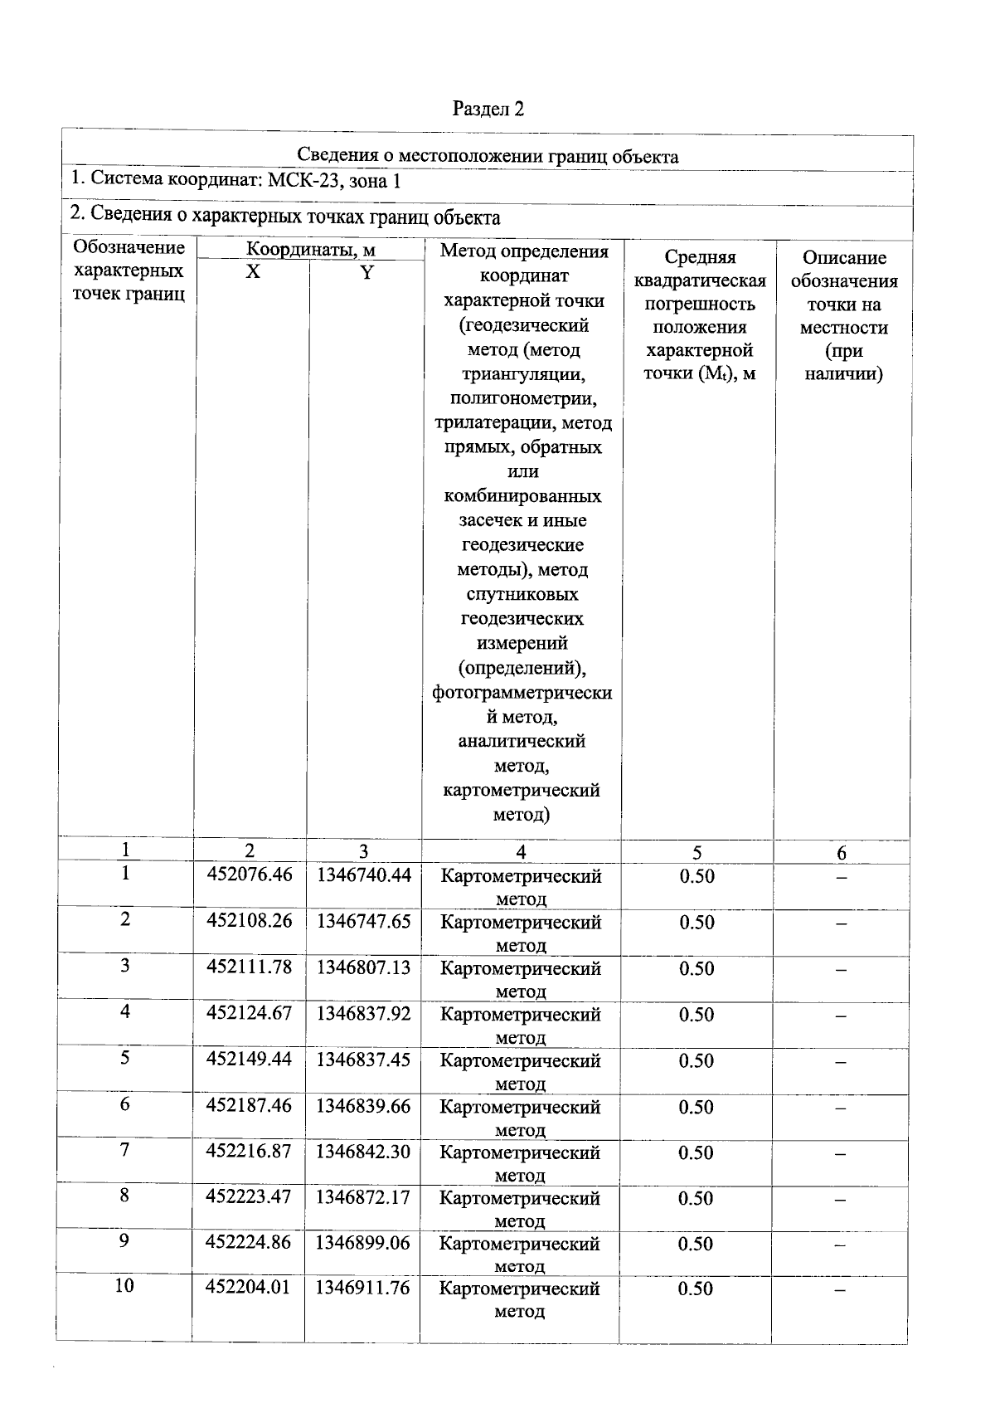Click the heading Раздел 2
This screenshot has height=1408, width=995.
pyautogui.click(x=488, y=109)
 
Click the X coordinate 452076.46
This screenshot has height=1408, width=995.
pyautogui.click(x=249, y=875)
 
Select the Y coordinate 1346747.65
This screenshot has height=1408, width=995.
pyautogui.click(x=363, y=922)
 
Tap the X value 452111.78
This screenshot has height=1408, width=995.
pyautogui.click(x=249, y=967)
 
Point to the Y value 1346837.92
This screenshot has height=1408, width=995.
pyautogui.click(x=363, y=1014)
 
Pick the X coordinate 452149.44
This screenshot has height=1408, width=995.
pyautogui.click(x=249, y=1060)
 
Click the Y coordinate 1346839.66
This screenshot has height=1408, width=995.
pyautogui.click(x=363, y=1106)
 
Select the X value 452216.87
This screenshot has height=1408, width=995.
pyautogui.click(x=249, y=1152)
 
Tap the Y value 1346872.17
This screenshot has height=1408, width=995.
pyautogui.click(x=363, y=1197)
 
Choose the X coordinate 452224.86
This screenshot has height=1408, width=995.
pyautogui.click(x=249, y=1243)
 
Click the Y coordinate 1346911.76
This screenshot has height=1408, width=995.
pyautogui.click(x=363, y=1289)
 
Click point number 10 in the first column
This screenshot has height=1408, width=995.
pyautogui.click(x=124, y=1286)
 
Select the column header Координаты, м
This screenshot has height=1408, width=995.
pyautogui.click(x=310, y=250)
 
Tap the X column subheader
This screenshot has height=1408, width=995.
pyautogui.click(x=253, y=272)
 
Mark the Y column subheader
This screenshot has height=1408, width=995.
pyautogui.click(x=366, y=272)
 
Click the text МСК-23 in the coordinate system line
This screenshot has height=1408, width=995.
pyautogui.click(x=301, y=180)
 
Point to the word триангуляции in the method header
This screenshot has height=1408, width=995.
pyautogui.click(x=522, y=374)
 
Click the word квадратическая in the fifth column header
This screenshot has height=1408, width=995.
pyautogui.click(x=700, y=281)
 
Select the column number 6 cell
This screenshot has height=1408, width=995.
pyautogui.click(x=842, y=853)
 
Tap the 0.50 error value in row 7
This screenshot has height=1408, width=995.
pyautogui.click(x=696, y=1152)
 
